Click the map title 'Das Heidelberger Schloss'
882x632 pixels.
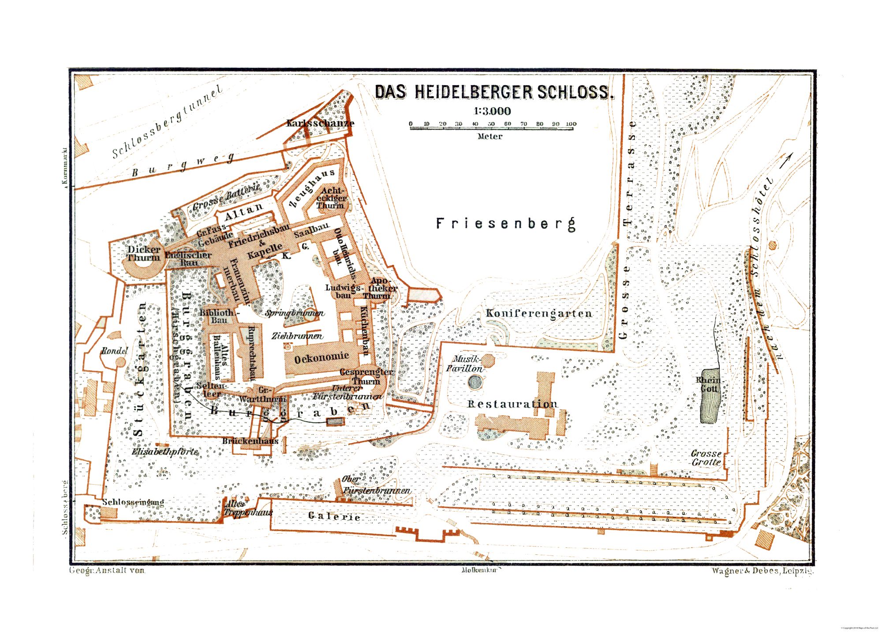[x=493, y=92]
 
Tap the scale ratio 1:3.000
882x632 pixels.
[x=492, y=111]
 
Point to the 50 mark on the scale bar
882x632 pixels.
[x=491, y=124]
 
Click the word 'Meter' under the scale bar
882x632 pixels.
[x=490, y=137]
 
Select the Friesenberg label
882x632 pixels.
[x=506, y=224]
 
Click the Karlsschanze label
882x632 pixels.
[x=320, y=123]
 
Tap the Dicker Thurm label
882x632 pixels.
[x=144, y=253]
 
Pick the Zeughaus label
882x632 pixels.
[x=311, y=188]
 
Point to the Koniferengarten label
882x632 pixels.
[x=539, y=314]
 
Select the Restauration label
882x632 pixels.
[x=512, y=404]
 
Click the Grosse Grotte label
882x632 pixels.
[x=706, y=458]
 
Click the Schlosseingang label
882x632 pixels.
[x=133, y=502]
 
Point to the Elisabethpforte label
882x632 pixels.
[x=165, y=452]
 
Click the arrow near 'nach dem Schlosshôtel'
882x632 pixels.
[x=786, y=161]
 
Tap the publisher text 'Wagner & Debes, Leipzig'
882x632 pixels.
[x=762, y=571]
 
